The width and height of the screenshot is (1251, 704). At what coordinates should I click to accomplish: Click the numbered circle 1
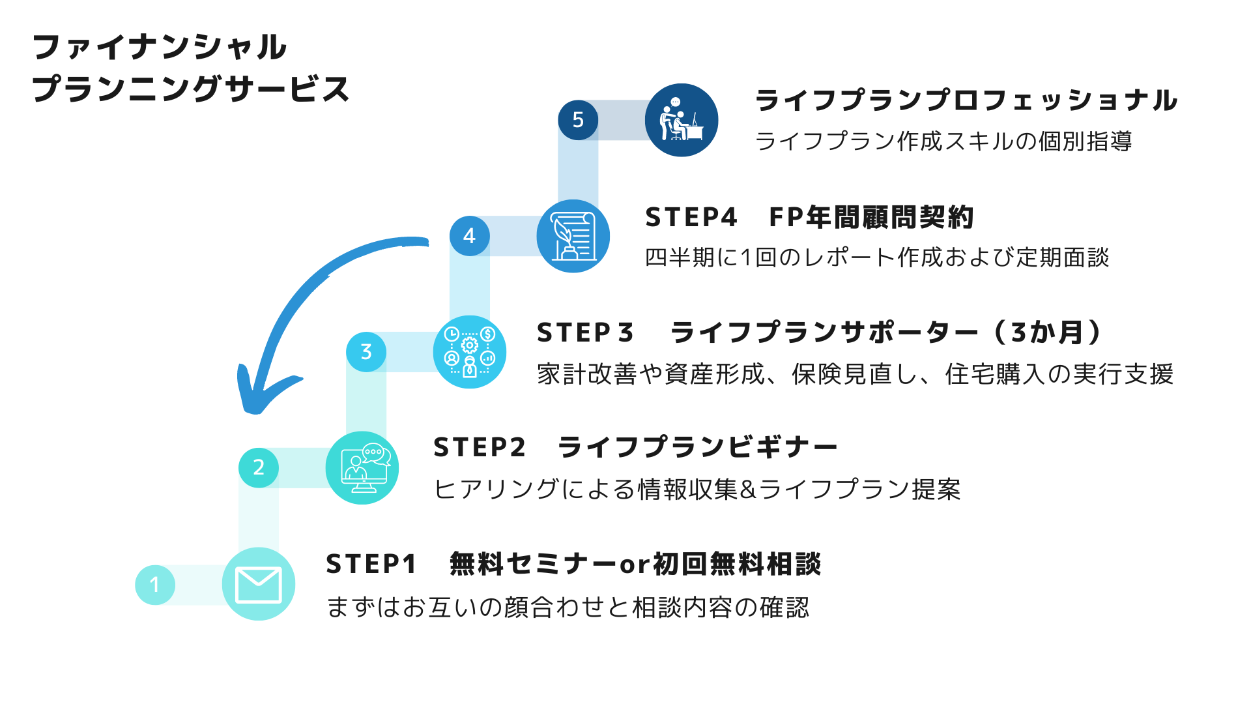coord(155,585)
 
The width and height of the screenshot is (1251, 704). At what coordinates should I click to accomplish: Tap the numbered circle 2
coord(259,467)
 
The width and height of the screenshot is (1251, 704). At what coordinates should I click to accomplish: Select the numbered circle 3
coord(366,352)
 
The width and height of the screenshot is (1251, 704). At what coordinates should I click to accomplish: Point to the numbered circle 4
coord(470,236)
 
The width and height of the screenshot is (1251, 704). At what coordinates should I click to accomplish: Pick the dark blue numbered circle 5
coord(578,120)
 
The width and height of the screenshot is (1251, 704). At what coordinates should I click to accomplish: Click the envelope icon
coord(259,585)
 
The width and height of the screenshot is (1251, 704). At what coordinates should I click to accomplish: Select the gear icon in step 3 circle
coord(470,345)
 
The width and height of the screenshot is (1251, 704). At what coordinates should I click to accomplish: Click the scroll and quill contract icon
coord(573,237)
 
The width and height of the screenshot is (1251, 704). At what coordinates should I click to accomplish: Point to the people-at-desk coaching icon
coord(682,119)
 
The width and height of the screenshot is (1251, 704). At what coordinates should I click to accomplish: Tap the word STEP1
coord(371,565)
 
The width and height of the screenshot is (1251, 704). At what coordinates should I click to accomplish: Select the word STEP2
coord(479,448)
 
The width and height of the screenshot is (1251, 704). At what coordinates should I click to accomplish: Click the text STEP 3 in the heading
coord(584,333)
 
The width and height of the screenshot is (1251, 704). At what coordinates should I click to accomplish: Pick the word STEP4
coord(691,218)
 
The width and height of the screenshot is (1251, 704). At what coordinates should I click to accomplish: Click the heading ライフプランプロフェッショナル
coord(966,101)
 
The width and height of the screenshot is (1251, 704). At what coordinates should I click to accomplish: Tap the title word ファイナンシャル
coord(160,48)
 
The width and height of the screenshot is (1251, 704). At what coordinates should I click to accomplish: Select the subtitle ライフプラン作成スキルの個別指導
coord(943,141)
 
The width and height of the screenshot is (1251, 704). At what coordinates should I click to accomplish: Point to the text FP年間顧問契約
coord(871,218)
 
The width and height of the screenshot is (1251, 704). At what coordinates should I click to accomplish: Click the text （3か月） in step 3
coord(1048,332)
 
